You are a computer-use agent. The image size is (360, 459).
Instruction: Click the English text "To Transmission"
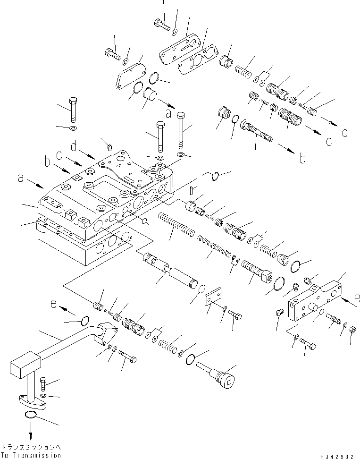coord(31,455)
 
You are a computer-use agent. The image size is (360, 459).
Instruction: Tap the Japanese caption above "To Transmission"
coord(31,447)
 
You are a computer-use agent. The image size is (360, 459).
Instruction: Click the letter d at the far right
coord(345,132)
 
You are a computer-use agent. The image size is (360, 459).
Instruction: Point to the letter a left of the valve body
coord(21,178)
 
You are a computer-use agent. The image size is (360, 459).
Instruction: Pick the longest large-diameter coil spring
coord(177,224)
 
